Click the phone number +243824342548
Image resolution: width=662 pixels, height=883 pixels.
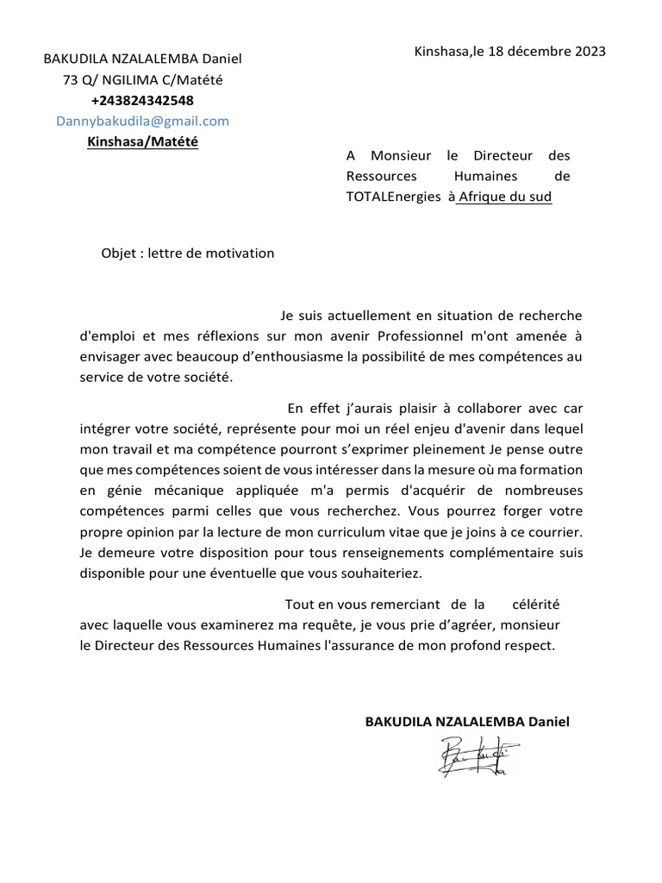(x=142, y=101)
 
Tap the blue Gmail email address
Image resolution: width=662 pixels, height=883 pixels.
(x=142, y=121)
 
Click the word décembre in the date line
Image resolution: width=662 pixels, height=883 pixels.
(x=540, y=51)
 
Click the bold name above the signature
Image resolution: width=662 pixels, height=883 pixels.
(x=467, y=721)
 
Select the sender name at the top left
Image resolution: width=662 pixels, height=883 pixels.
(x=143, y=59)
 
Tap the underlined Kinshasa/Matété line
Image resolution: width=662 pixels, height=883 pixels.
(x=142, y=141)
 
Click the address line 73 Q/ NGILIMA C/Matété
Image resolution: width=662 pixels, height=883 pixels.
(x=142, y=80)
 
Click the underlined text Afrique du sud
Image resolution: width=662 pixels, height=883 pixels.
(x=504, y=197)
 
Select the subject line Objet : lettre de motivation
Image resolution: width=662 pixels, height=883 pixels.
(x=187, y=254)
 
